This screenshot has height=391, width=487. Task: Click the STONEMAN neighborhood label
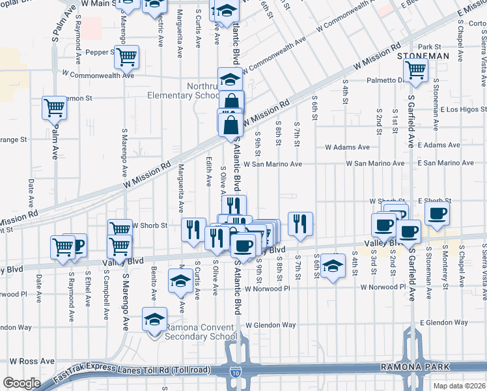tap(423, 57)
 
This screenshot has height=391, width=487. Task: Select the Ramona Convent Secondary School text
tap(201, 332)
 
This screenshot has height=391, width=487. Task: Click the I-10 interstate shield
tap(234, 373)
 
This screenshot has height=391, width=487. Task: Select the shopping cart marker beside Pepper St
tap(126, 56)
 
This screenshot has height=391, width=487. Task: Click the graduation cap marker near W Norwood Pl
tap(333, 265)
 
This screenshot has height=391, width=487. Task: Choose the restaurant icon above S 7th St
tap(300, 224)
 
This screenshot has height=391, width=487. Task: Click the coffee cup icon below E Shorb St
tap(436, 213)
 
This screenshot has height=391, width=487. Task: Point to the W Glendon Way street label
tap(270, 325)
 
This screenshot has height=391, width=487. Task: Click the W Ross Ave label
tap(32, 360)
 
